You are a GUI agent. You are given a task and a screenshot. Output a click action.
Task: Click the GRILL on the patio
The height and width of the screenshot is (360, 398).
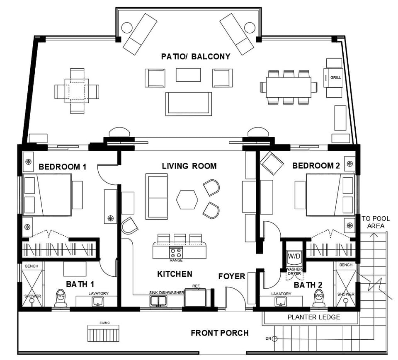[333, 77]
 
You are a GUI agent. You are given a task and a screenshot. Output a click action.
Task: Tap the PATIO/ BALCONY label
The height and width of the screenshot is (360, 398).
[196, 56]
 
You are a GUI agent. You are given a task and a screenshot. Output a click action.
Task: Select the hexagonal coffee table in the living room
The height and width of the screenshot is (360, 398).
[187, 199]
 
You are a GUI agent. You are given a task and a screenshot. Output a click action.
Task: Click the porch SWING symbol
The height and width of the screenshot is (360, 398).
[104, 333]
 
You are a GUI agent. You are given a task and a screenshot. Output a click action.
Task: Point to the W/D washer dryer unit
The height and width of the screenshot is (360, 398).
[294, 256]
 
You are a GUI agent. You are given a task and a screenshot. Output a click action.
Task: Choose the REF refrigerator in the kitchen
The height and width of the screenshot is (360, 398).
[196, 297]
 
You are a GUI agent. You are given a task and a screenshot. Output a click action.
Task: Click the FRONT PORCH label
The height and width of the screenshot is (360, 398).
[220, 333]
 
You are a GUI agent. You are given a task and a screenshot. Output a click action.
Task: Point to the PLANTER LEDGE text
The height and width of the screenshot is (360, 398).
[314, 317]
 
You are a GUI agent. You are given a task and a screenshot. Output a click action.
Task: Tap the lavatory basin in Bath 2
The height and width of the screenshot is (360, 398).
[282, 300]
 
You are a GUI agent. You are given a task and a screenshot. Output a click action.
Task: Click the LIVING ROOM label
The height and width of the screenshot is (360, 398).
[189, 166]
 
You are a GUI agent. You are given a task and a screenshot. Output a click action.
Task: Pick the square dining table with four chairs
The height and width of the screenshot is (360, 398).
[77, 91]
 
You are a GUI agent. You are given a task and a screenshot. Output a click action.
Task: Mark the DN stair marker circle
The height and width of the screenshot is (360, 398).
[274, 339]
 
